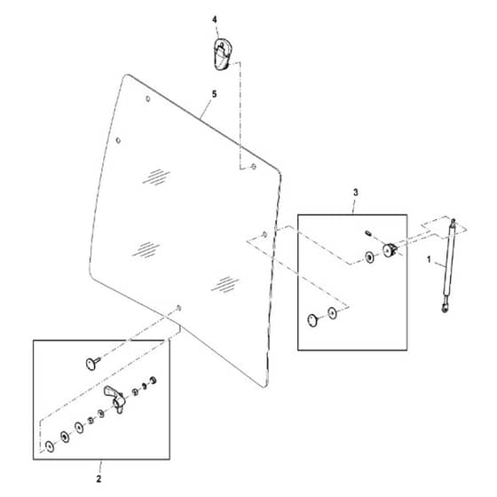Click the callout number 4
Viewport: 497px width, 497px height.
[215, 20]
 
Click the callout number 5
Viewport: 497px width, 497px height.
[215, 94]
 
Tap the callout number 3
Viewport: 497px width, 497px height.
[356, 192]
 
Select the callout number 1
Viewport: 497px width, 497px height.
[429, 259]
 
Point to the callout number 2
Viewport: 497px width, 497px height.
[99, 478]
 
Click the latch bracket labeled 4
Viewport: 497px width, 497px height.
[223, 54]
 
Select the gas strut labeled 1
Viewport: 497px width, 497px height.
[449, 265]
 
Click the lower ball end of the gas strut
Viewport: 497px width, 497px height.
[445, 308]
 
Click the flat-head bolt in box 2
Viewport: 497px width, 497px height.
[93, 363]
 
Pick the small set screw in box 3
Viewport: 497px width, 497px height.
[368, 233]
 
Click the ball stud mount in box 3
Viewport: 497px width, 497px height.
[390, 249]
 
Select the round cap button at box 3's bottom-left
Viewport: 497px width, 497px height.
[312, 320]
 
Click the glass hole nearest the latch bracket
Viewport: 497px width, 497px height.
[254, 167]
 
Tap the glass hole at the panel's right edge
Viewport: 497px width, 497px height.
[264, 234]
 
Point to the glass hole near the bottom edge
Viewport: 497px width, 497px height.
[178, 308]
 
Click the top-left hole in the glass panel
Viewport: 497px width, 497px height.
[147, 99]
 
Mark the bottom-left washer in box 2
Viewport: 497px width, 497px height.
[50, 446]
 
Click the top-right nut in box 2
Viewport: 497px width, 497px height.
[153, 380]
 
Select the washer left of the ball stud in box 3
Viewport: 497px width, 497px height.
[369, 257]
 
